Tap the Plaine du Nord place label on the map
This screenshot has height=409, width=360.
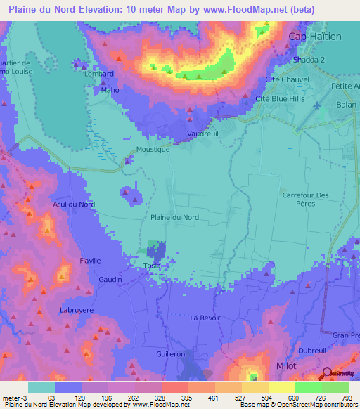coord(174,218)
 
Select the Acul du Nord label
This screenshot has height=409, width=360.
coord(74,204)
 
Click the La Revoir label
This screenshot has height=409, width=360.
coord(206,318)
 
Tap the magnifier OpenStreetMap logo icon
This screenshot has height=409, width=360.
coord(328,374)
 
